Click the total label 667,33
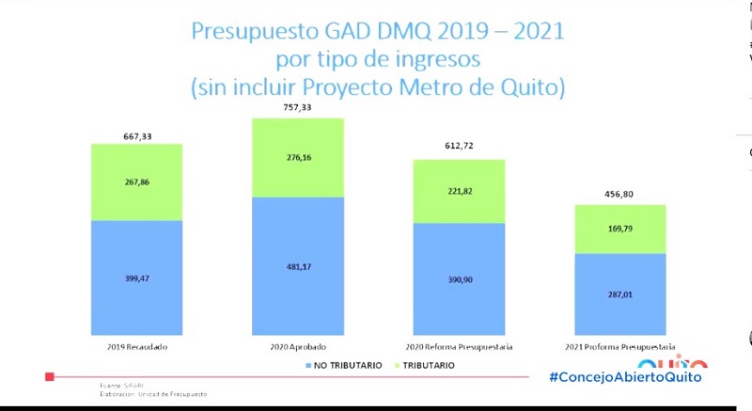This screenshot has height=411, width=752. [x=137, y=136]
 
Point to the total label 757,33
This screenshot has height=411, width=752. [x=298, y=109]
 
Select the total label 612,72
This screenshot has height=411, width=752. [x=460, y=147]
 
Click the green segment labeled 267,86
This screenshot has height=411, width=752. [x=137, y=182]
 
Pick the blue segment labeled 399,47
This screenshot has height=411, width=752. [x=137, y=278]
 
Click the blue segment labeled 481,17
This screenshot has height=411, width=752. [x=298, y=265]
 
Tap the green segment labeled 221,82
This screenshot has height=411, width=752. [x=460, y=191]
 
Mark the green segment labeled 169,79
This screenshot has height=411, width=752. [x=620, y=229]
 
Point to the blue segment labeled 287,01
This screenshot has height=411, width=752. [x=620, y=294]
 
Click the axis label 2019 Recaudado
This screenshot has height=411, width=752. [x=137, y=347]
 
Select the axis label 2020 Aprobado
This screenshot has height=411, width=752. [x=298, y=347]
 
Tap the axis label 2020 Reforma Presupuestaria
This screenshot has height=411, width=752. [x=460, y=347]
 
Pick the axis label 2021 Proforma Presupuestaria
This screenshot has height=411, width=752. [x=620, y=347]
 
